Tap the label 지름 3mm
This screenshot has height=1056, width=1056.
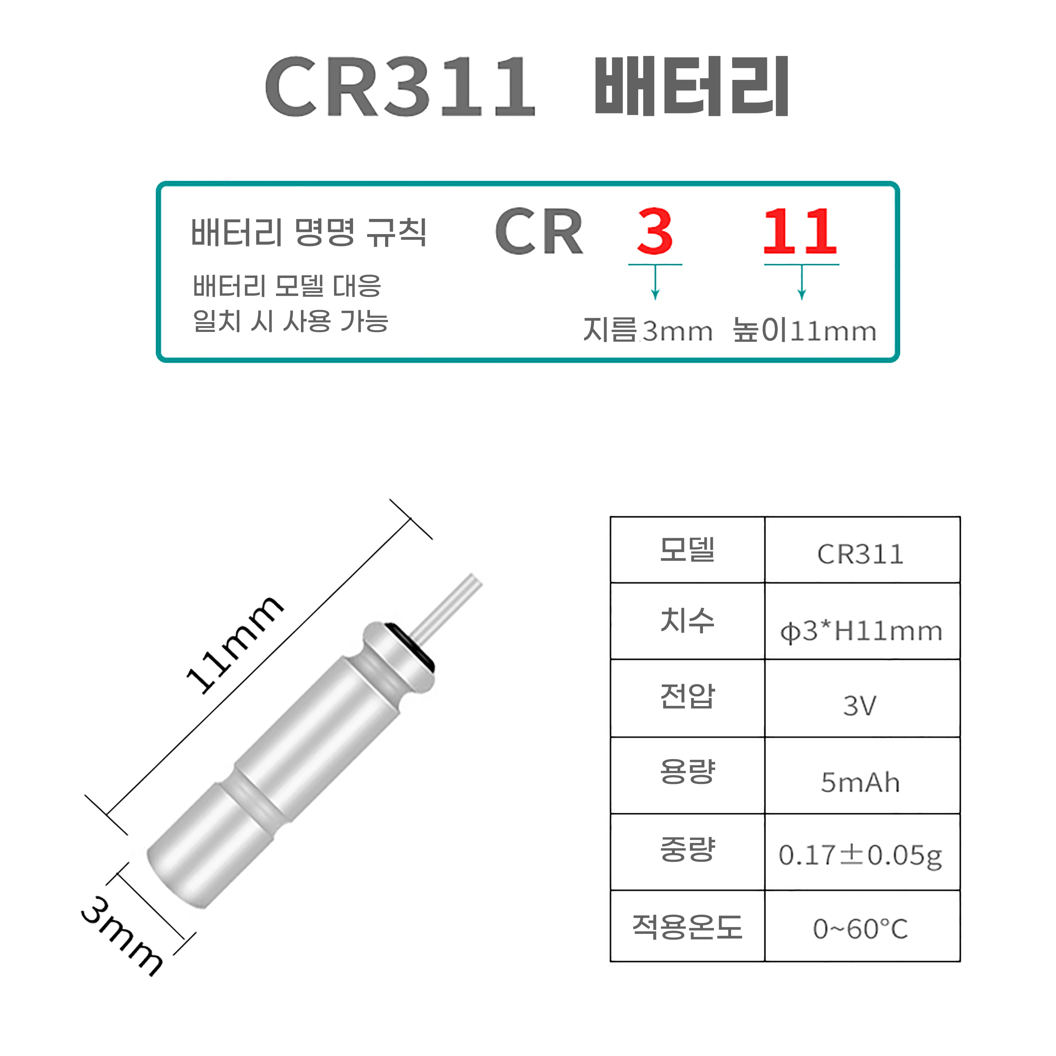(x=648, y=331)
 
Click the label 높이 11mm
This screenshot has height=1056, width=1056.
(x=804, y=331)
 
